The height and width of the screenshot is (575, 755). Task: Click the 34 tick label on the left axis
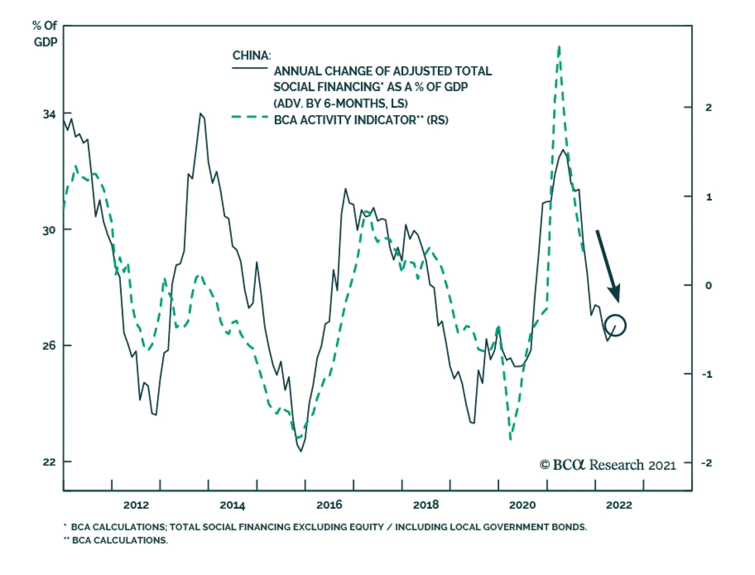pyautogui.click(x=49, y=114)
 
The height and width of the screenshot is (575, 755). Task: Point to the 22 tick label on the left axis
pyautogui.click(x=49, y=462)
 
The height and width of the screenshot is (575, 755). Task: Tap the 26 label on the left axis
pyautogui.click(x=49, y=346)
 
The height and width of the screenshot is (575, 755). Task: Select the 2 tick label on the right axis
pyautogui.click(x=708, y=108)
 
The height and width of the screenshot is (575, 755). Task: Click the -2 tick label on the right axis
pyautogui.click(x=706, y=463)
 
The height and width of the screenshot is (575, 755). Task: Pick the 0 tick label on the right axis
pyautogui.click(x=708, y=285)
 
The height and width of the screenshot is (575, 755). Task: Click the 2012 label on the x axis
pyautogui.click(x=136, y=505)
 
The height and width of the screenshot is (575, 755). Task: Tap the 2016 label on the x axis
pyautogui.click(x=329, y=505)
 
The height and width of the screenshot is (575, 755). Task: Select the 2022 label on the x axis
pyautogui.click(x=619, y=505)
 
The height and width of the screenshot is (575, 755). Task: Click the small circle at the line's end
pyautogui.click(x=615, y=325)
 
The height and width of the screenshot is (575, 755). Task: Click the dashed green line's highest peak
pyautogui.click(x=559, y=47)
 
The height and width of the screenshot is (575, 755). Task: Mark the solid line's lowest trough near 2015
pyautogui.click(x=301, y=451)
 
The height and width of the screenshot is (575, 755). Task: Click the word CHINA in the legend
pyautogui.click(x=252, y=56)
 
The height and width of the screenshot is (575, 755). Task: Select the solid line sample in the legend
pyautogui.click(x=250, y=68)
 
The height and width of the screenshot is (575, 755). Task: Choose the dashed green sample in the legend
pyautogui.click(x=250, y=117)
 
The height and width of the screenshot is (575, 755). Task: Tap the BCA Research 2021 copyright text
pyautogui.click(x=608, y=465)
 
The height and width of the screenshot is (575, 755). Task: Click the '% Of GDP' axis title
pyautogui.click(x=45, y=34)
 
